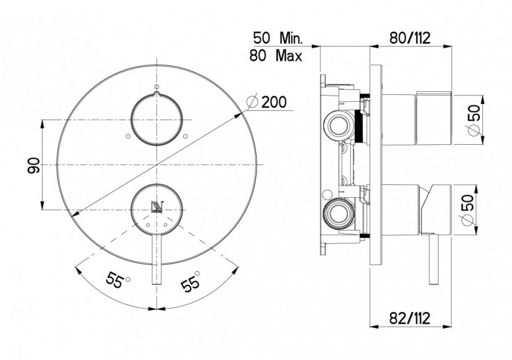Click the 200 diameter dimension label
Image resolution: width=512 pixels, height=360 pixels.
point(267,102)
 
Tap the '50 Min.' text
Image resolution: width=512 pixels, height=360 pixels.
point(278,38)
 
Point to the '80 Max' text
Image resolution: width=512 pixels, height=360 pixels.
point(276,55)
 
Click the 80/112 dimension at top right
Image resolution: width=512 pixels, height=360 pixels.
point(410,38)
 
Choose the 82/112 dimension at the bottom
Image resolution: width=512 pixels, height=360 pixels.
point(410,317)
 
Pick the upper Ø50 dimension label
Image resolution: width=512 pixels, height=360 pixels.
point(474,119)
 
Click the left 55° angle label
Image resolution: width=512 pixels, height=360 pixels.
point(118,280)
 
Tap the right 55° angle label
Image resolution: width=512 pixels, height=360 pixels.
point(191,280)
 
